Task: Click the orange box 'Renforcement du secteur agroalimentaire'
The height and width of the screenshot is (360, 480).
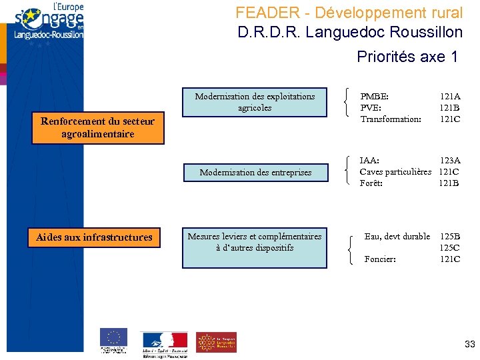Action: pyautogui.click(x=97, y=128)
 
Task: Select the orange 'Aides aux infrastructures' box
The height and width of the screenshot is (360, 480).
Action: pyautogui.click(x=94, y=237)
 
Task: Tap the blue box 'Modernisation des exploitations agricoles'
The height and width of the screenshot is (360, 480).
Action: pyautogui.click(x=255, y=102)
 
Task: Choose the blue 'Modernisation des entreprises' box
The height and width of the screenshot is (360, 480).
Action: pyautogui.click(x=255, y=172)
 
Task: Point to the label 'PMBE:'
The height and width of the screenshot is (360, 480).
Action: pyautogui.click(x=374, y=97)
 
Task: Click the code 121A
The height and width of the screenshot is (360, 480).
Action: pyautogui.click(x=449, y=97)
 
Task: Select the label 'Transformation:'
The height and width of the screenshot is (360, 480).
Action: pyautogui.click(x=390, y=119)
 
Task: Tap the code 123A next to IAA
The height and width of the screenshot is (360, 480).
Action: pyautogui.click(x=449, y=161)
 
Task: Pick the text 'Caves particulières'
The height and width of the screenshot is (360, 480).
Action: pyautogui.click(x=395, y=172)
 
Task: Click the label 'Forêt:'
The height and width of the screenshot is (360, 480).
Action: pyautogui.click(x=371, y=183)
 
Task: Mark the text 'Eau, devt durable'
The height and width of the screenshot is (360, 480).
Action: pyautogui.click(x=397, y=237)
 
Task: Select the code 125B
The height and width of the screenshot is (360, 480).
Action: pyautogui.click(x=449, y=237)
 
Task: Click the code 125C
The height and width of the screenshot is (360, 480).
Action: pyautogui.click(x=449, y=248)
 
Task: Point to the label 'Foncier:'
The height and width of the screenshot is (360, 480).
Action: pyautogui.click(x=380, y=259)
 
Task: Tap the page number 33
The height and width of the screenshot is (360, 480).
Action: pyautogui.click(x=469, y=345)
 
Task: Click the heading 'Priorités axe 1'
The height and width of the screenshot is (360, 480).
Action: pyautogui.click(x=407, y=57)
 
